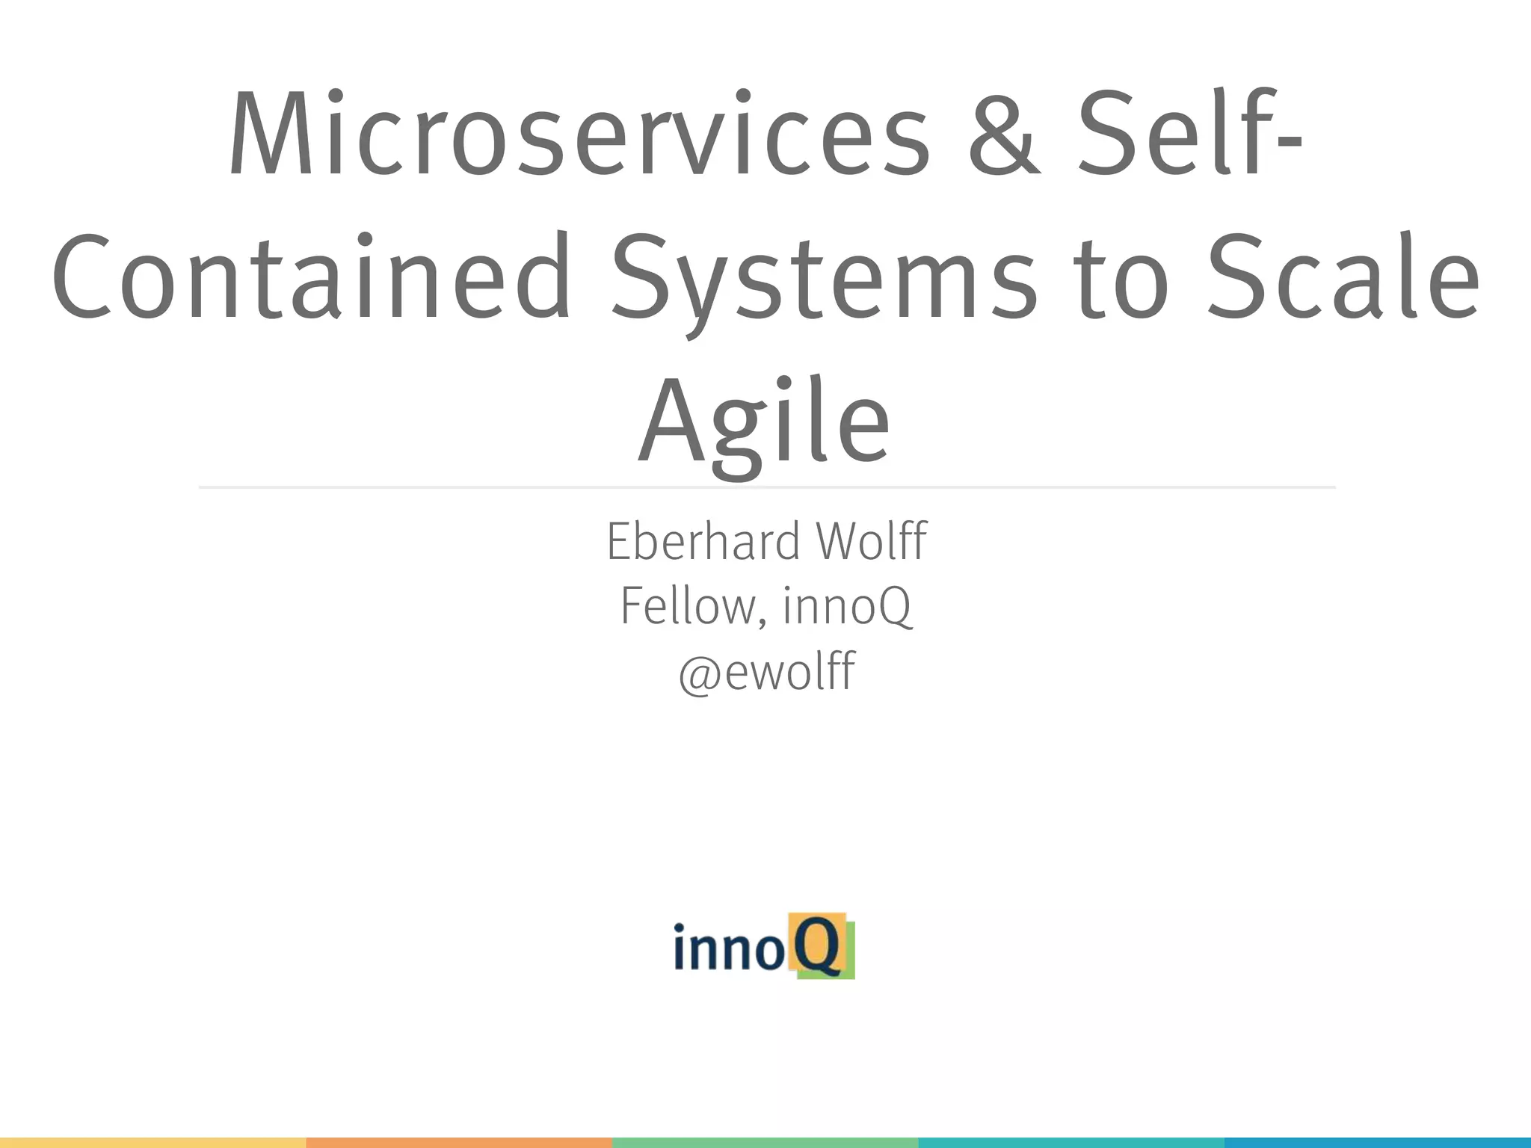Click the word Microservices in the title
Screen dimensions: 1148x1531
[x=579, y=135]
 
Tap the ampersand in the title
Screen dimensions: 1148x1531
[x=1004, y=135]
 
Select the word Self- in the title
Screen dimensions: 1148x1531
[x=1189, y=135]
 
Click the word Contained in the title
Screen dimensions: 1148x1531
[x=310, y=277]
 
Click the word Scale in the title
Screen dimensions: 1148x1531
[x=1342, y=277]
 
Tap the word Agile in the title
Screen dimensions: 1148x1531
[x=764, y=422]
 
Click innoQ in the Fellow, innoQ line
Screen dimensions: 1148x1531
[x=847, y=606]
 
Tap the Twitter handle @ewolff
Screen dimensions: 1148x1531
[x=766, y=671]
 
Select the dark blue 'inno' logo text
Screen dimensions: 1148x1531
[x=729, y=947]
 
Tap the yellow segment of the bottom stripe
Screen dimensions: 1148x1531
[x=153, y=1143]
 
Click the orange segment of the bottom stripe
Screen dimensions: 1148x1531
[x=459, y=1143]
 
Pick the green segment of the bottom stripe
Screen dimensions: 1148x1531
[x=765, y=1143]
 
